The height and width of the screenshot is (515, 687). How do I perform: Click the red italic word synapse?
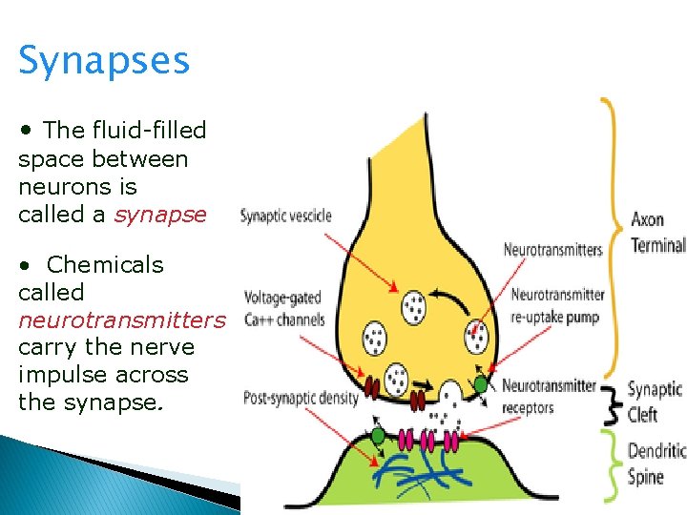point(159,215)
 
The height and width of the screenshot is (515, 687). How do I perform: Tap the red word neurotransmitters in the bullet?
point(121,319)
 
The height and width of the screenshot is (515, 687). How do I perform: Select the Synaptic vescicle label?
point(285,216)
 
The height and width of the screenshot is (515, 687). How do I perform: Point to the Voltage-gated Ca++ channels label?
point(282,308)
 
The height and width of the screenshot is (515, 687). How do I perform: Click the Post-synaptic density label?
point(301,398)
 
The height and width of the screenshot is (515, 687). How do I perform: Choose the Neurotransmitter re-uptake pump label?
point(557,305)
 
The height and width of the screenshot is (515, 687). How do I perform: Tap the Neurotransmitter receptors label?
point(549,396)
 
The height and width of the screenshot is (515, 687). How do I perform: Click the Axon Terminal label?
point(657,232)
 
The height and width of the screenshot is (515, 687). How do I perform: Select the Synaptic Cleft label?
point(655,402)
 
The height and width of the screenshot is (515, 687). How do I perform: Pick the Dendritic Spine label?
point(657,463)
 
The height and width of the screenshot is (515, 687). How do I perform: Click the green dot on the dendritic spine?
point(379,435)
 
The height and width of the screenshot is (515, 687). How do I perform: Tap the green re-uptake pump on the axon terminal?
point(480,383)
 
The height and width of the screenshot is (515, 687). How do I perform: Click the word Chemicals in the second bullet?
point(105,264)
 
